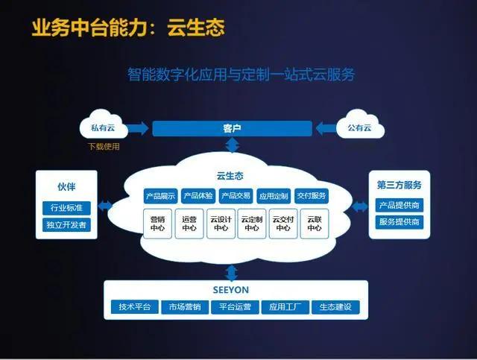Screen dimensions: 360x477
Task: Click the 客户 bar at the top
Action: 232,129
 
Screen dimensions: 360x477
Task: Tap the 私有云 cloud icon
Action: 104,127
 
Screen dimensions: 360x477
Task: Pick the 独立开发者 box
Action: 66,224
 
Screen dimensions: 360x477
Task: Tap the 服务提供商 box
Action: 399,222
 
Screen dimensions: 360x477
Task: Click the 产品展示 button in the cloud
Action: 160,197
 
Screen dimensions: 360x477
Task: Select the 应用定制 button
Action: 273,197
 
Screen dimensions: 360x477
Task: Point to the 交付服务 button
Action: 311,197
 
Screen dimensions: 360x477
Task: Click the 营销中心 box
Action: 157,224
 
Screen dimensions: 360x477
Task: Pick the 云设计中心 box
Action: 220,224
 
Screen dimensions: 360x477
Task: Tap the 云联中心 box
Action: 314,224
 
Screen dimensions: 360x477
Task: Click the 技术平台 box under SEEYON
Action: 134,306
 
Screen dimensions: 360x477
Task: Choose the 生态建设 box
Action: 335,306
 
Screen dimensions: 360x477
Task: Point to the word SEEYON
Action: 235,289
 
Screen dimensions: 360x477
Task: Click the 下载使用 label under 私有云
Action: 104,147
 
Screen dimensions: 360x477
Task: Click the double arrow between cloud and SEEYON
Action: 231,271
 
